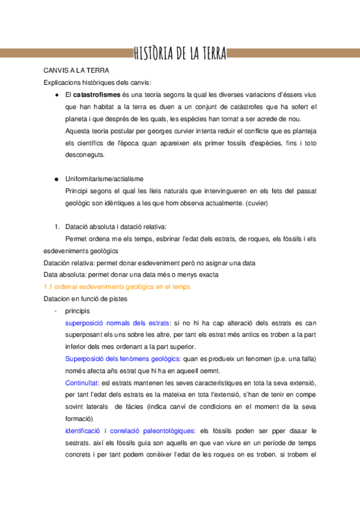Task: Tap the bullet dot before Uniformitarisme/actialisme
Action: (56, 179)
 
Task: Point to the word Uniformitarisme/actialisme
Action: (104, 179)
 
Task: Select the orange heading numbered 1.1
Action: (117, 287)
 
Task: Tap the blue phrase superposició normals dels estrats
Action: (118, 323)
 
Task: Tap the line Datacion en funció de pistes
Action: (85, 299)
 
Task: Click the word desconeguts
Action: (85, 155)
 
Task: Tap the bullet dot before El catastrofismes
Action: (56, 95)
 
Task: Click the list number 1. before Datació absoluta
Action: (56, 227)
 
